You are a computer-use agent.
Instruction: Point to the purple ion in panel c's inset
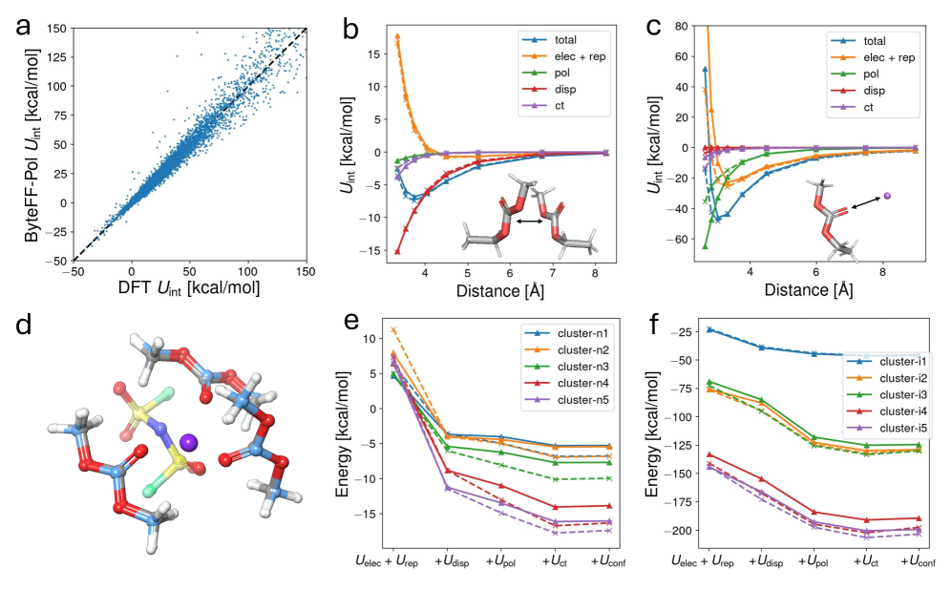[x=887, y=196]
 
